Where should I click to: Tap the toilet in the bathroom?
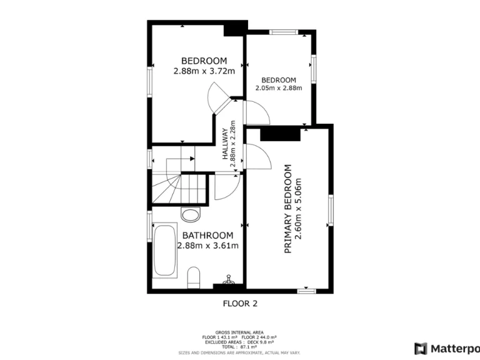(194, 277)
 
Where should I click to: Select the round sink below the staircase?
(190, 216)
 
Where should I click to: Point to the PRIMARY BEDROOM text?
(288, 209)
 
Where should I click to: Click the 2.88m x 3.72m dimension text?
(204, 71)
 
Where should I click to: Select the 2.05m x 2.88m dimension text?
(279, 88)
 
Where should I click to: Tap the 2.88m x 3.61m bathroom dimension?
(207, 246)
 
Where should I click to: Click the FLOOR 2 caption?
(240, 304)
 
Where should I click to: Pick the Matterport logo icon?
(421, 348)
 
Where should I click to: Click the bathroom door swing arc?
(227, 186)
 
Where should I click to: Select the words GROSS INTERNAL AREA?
(239, 332)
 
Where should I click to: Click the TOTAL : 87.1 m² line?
(239, 346)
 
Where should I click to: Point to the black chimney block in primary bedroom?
(277, 134)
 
